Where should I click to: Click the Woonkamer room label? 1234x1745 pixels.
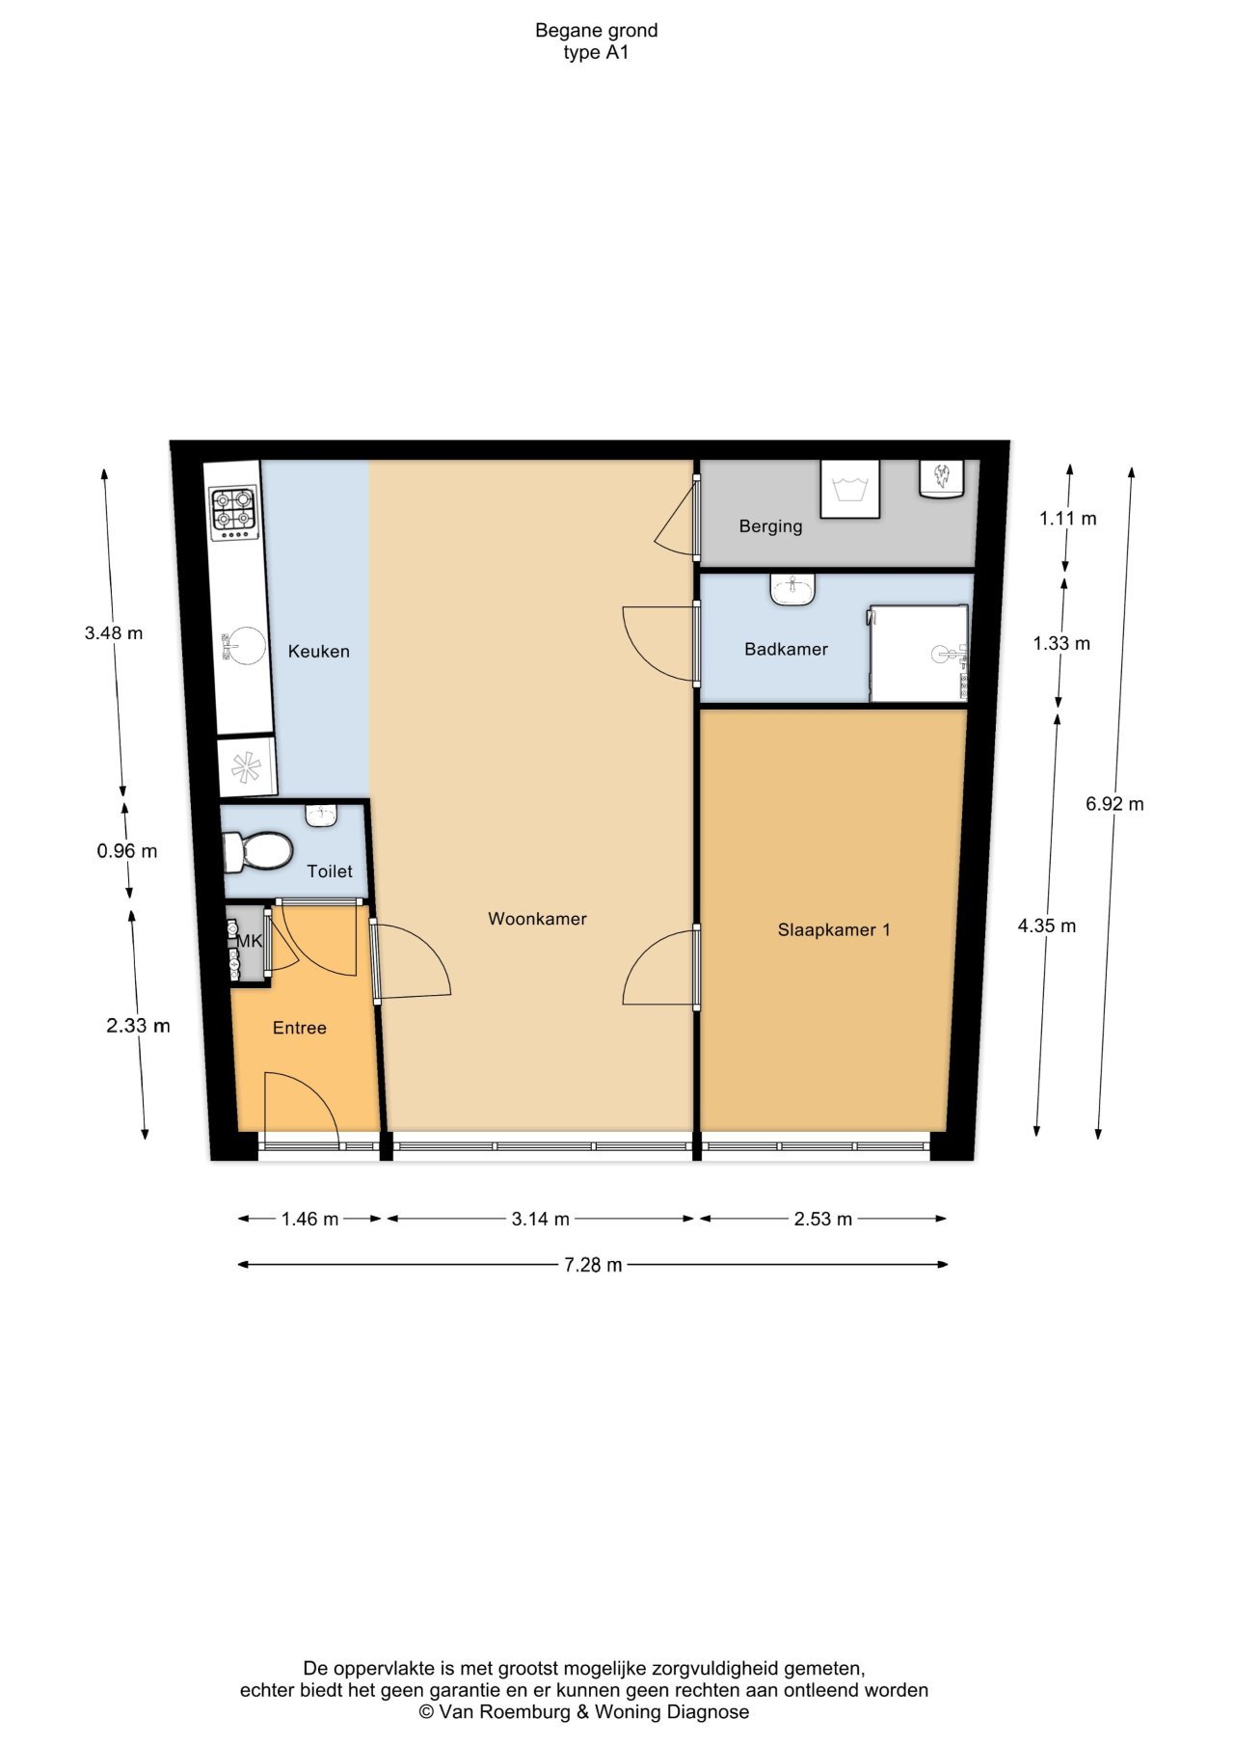tap(537, 919)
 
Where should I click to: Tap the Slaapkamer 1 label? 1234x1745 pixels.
tap(834, 929)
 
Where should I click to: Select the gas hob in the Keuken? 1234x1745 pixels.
tap(234, 512)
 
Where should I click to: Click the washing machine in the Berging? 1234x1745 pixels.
tap(849, 489)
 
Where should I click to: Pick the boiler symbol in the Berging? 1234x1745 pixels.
tap(942, 478)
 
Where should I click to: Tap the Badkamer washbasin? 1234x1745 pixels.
tap(792, 588)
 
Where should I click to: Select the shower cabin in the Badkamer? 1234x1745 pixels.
tap(919, 654)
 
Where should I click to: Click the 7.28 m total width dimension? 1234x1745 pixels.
tap(592, 1265)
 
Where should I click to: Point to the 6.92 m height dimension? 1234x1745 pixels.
tap(1114, 803)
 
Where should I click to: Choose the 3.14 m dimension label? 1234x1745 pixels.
tap(540, 1219)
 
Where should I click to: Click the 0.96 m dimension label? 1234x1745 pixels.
tap(126, 851)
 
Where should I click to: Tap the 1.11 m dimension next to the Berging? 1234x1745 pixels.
tap(1067, 519)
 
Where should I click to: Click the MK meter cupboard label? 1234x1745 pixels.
tap(250, 941)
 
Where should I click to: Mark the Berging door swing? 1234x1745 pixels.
tap(675, 521)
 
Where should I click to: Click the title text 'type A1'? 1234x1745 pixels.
tap(596, 53)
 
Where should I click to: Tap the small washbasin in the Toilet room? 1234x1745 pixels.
tap(321, 816)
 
